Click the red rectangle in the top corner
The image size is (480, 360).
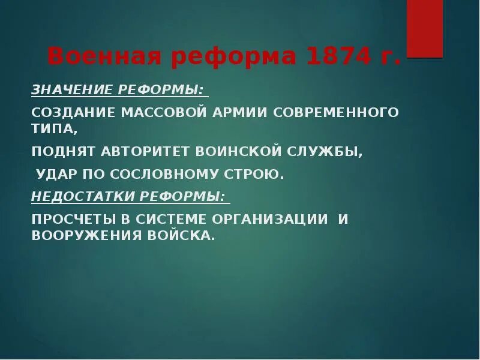click(425, 28)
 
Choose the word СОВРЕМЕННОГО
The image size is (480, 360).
click(329, 112)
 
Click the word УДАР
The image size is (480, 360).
click(56, 175)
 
